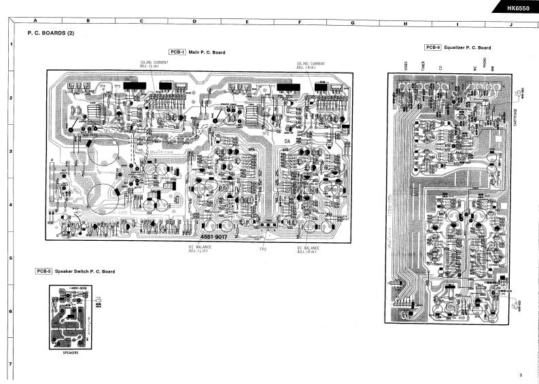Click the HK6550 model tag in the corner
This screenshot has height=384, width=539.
coord(517,8)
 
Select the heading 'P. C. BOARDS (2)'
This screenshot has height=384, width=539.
coord(50,33)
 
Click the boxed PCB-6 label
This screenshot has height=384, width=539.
coord(433,47)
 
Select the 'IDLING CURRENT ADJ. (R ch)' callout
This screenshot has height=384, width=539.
coord(310,65)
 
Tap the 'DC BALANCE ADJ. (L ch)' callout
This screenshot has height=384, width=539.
coord(200,248)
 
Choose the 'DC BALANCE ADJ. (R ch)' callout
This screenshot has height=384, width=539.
coord(309,248)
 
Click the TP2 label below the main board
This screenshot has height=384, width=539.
coord(262,250)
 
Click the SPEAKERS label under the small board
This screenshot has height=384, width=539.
coord(71,353)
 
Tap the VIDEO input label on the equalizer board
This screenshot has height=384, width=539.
coord(405,66)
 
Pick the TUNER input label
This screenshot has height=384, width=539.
coord(423,66)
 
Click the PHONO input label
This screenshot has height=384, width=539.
coord(484,64)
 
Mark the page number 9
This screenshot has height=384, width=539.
coord(519,375)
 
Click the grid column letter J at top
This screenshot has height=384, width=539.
coord(510,22)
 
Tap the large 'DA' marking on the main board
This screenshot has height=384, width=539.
coord(288,140)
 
